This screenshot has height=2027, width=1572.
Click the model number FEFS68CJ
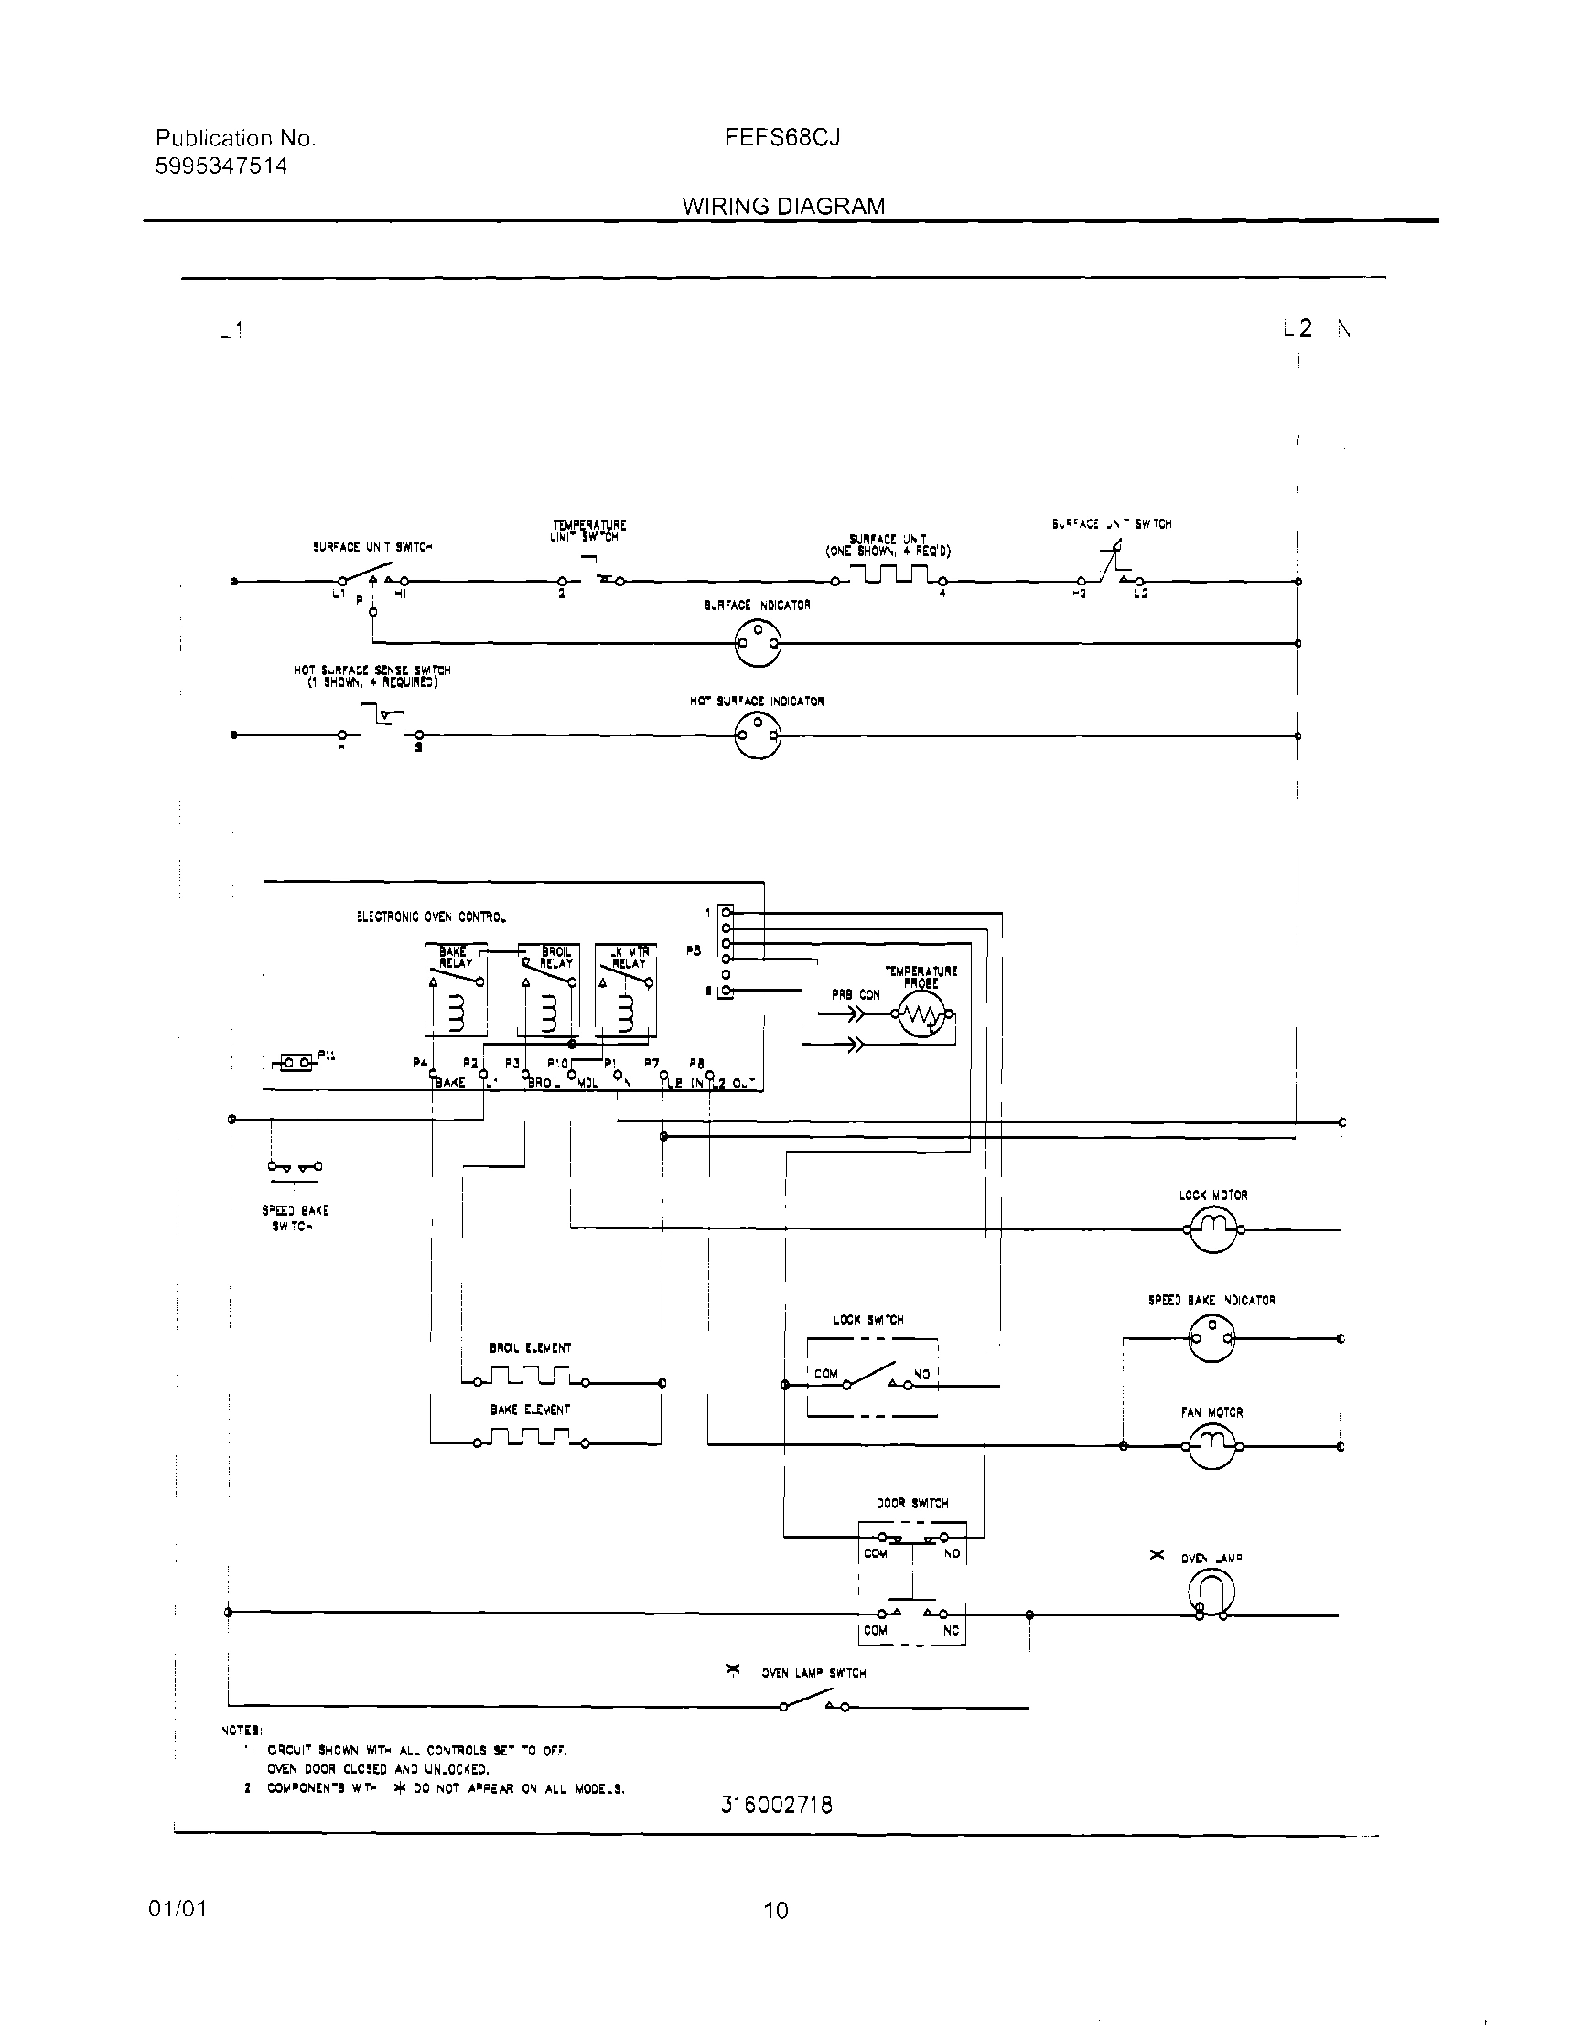tap(781, 138)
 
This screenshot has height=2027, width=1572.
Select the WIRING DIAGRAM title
tap(782, 206)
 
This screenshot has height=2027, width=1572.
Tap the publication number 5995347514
tap(221, 166)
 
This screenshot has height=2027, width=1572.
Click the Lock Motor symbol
tap(1212, 1228)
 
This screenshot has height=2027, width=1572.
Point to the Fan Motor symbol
tap(1212, 1445)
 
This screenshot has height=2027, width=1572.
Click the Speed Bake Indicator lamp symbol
tap(1211, 1338)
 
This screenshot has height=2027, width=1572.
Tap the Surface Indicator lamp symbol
tap(758, 642)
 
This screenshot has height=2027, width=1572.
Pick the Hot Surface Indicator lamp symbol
tap(757, 737)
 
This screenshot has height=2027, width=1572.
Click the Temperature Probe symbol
tap(921, 1017)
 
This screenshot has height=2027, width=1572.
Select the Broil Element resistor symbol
tap(530, 1376)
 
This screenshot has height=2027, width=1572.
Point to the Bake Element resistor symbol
tap(530, 1439)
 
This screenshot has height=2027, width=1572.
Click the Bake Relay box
tap(455, 990)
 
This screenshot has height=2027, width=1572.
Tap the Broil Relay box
tap(548, 990)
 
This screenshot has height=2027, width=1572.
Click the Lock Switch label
tap(868, 1319)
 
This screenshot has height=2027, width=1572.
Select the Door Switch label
tap(912, 1503)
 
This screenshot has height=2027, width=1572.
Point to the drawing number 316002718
tap(776, 1804)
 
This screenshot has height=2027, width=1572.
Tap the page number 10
tap(775, 1911)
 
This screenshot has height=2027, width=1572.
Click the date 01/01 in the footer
tap(178, 1909)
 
